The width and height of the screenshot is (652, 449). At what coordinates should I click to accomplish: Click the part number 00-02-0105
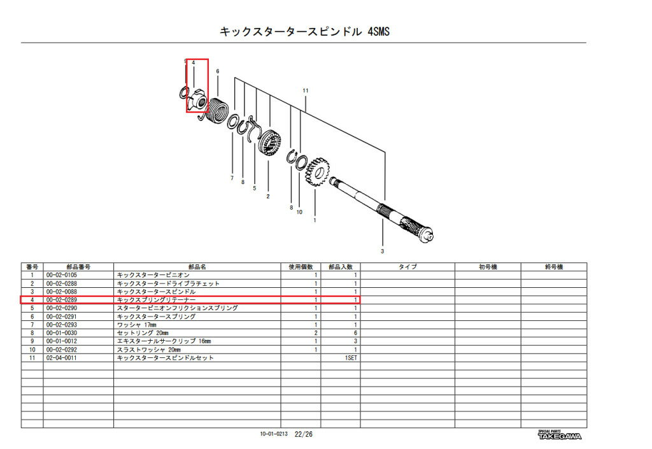[62, 275]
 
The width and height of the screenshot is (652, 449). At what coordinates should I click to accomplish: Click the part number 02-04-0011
[62, 358]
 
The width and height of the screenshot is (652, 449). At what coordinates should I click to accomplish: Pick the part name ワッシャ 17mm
[137, 325]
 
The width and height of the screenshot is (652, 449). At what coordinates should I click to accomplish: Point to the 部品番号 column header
[78, 267]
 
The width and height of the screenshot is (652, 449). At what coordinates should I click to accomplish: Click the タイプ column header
[407, 267]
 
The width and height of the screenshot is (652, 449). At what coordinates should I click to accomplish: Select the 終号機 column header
[554, 267]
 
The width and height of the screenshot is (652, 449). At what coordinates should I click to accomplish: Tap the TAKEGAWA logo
[560, 435]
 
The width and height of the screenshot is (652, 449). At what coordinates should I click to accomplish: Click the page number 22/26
[304, 434]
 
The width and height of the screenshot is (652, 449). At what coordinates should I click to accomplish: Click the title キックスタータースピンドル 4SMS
[304, 32]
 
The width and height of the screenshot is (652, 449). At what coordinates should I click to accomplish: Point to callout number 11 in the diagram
[306, 90]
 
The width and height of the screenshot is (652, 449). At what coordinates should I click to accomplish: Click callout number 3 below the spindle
[382, 251]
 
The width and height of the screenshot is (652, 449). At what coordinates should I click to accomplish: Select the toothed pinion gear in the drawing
[318, 171]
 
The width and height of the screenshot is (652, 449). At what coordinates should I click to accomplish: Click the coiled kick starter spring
[218, 111]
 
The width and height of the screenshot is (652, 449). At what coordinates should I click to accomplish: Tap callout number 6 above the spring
[218, 71]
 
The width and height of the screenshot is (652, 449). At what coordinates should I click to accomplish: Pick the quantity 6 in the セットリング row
[355, 333]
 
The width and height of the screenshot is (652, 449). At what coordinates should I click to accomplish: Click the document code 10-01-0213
[274, 434]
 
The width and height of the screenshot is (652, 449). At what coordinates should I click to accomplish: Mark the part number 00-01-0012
[62, 341]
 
